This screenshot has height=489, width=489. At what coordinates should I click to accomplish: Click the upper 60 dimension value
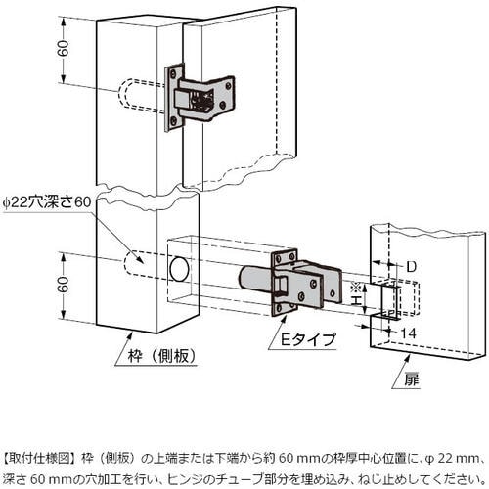(x=64, y=48)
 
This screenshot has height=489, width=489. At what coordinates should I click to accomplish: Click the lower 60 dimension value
(x=64, y=285)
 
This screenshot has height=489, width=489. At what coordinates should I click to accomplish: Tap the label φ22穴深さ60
(x=47, y=202)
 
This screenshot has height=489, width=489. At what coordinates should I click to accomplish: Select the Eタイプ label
(x=308, y=340)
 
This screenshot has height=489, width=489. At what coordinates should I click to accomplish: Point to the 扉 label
(x=412, y=379)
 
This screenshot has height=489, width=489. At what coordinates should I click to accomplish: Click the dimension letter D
(x=412, y=267)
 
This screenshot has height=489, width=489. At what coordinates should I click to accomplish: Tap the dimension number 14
(x=408, y=333)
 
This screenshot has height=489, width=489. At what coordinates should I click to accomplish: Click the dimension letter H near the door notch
(x=357, y=300)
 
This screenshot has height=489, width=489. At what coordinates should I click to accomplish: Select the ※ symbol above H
(x=355, y=289)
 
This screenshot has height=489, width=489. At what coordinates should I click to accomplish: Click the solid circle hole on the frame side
(x=179, y=269)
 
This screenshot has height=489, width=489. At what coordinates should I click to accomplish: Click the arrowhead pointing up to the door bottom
(x=407, y=359)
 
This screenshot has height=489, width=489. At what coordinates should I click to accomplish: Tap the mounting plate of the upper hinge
(x=174, y=98)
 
